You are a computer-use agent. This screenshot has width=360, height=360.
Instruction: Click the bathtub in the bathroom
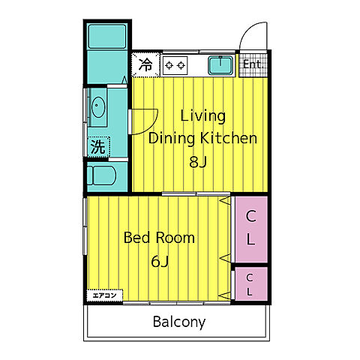click(107, 36)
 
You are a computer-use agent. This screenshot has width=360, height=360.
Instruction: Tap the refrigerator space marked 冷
click(145, 64)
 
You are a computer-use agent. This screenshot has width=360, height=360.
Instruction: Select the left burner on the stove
click(169, 65)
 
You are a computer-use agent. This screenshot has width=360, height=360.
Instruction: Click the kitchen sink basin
click(220, 65)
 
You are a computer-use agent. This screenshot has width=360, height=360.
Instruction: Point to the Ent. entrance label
click(253, 64)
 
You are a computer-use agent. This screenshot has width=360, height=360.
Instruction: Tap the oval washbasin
click(98, 107)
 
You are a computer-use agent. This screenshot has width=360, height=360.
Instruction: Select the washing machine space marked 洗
click(98, 147)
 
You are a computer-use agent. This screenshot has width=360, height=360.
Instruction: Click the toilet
click(101, 175)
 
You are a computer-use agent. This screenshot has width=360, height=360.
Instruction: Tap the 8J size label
click(198, 162)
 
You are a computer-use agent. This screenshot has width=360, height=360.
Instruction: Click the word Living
click(202, 116)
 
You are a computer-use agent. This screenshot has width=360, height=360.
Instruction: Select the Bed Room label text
click(159, 238)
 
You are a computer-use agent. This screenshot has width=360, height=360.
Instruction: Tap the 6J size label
click(160, 262)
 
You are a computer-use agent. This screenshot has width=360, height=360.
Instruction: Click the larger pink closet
click(251, 229)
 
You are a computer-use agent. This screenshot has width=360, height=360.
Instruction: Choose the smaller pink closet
click(251, 283)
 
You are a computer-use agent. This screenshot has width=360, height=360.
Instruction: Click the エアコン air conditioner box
click(105, 295)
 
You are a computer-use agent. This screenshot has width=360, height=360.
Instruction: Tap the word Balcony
click(179, 322)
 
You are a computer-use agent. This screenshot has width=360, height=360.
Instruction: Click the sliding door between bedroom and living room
click(196, 193)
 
